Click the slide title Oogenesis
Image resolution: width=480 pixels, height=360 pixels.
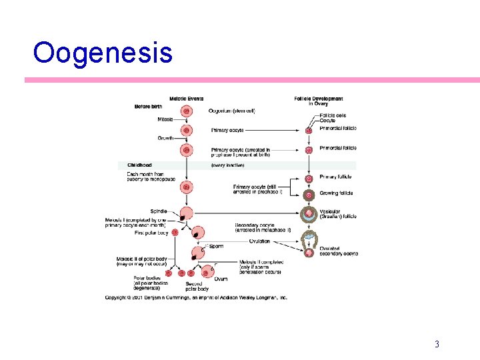(x=103, y=52)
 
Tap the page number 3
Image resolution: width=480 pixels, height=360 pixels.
(x=437, y=344)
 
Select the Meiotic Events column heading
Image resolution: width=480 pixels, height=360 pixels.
(x=186, y=99)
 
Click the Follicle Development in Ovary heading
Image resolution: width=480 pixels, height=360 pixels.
(x=318, y=101)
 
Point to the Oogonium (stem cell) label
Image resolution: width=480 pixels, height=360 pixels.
(x=231, y=111)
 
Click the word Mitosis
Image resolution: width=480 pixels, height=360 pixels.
(x=165, y=119)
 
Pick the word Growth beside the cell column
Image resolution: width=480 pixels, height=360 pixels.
(x=165, y=138)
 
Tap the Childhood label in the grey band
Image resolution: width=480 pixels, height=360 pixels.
(x=139, y=165)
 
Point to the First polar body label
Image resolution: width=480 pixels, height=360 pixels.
(x=150, y=232)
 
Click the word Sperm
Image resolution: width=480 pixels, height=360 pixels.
(x=216, y=247)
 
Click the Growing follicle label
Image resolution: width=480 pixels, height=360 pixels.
(x=337, y=193)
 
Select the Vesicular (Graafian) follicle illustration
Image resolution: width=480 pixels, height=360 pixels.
(x=309, y=215)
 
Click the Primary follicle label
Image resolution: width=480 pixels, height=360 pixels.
(x=336, y=177)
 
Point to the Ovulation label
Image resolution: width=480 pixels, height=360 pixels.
(x=259, y=241)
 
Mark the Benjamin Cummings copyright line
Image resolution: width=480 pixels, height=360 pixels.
(x=196, y=297)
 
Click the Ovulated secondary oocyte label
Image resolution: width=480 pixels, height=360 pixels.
(x=338, y=251)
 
